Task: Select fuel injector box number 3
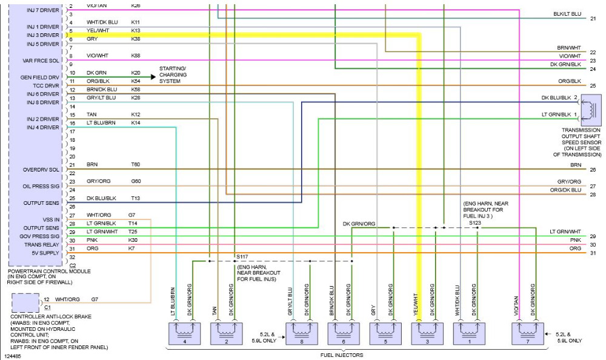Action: (428, 332)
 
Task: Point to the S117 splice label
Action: (242, 257)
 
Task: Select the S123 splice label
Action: (476, 223)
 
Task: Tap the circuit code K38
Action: (136, 39)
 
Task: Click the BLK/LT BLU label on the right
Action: (567, 13)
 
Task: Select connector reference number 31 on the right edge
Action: (593, 253)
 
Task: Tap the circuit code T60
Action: (135, 164)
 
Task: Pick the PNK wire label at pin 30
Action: (92, 240)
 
